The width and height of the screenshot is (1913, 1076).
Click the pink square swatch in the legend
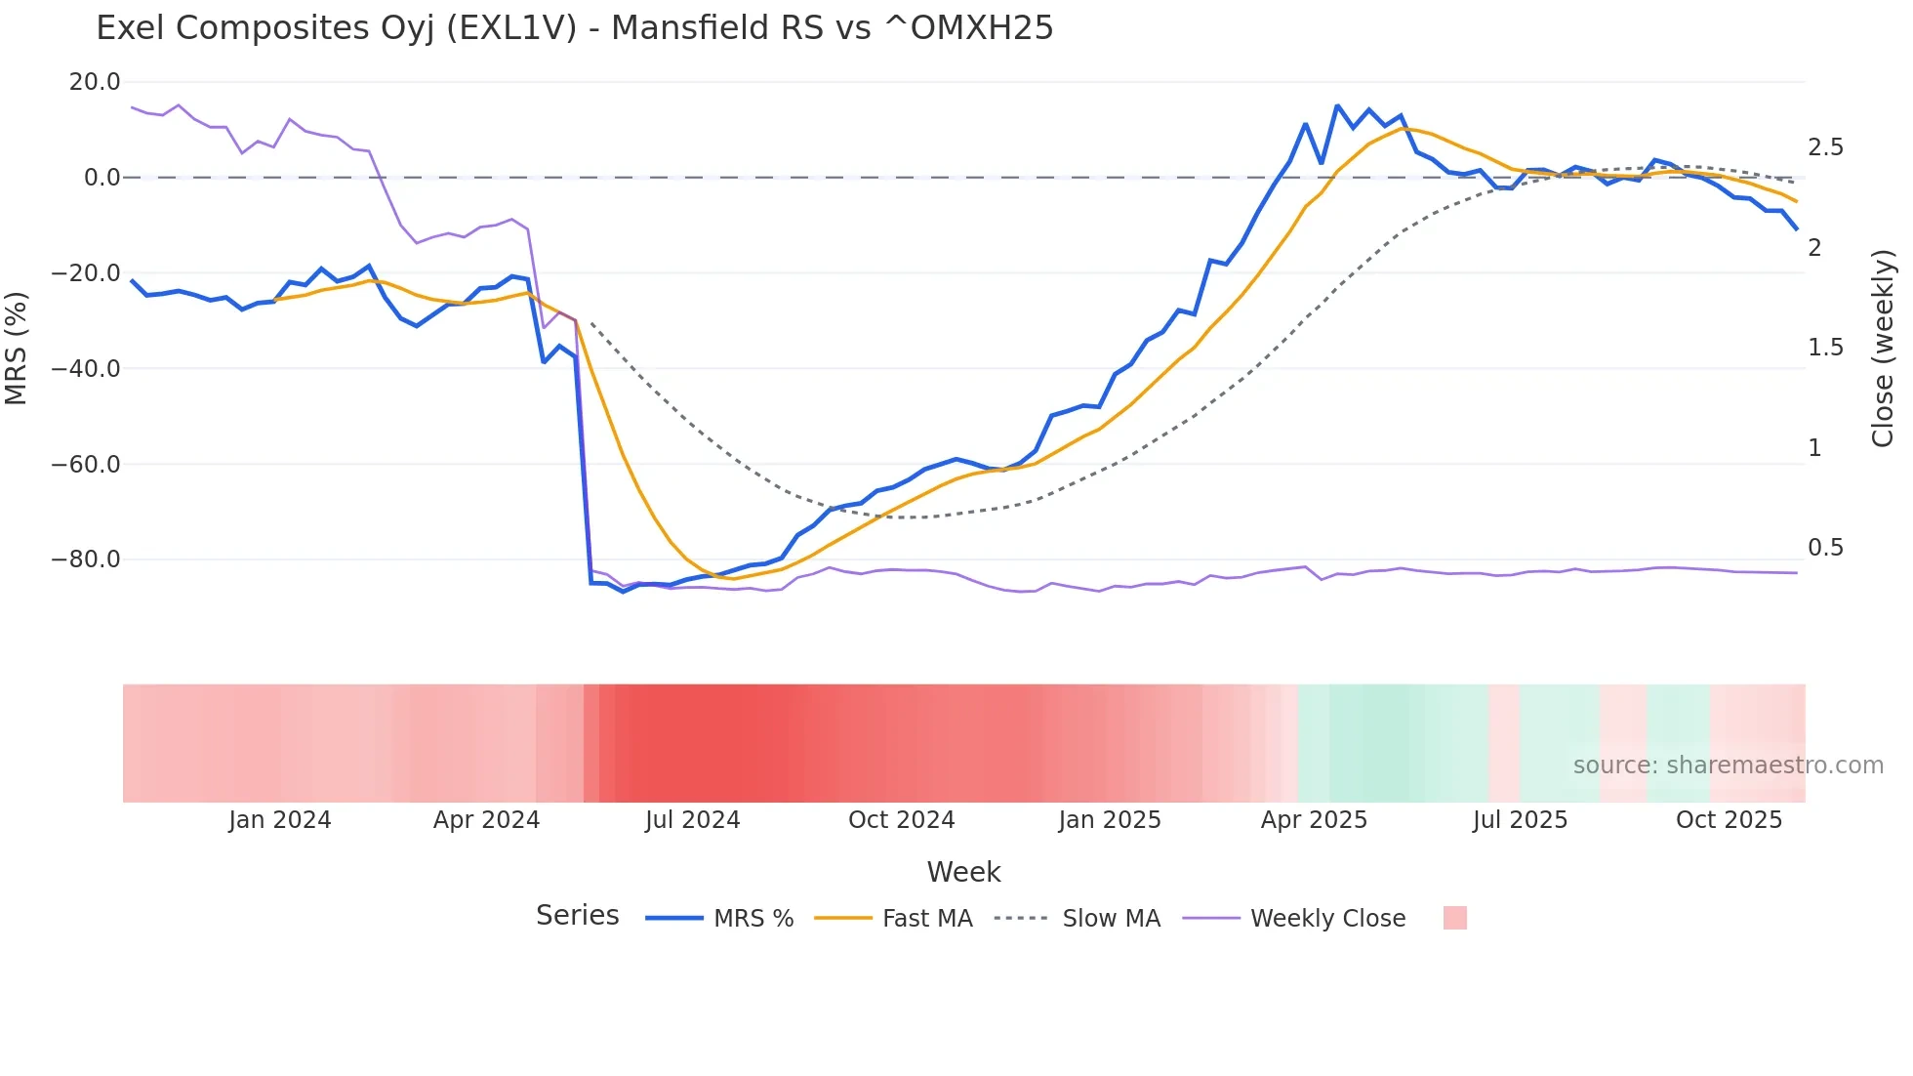tap(1454, 918)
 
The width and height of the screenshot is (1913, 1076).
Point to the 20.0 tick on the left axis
tap(95, 82)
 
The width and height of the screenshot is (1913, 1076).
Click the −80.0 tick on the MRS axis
tap(86, 559)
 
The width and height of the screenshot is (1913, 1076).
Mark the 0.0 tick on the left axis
tap(102, 178)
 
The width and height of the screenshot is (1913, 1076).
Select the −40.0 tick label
tap(86, 369)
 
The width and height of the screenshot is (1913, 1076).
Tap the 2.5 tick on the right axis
tap(1825, 147)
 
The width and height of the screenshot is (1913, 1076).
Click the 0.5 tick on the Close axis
tap(1825, 548)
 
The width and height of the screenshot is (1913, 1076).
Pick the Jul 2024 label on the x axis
tap(692, 820)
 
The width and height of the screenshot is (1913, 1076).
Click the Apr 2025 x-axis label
tap(1314, 820)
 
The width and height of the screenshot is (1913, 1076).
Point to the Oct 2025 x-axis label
tap(1729, 820)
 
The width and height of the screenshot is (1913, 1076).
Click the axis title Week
tap(963, 872)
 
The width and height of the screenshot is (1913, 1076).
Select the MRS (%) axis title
tap(17, 348)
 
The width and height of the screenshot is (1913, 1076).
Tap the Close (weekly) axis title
tap(1883, 348)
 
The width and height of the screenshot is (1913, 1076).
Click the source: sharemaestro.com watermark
tap(1728, 766)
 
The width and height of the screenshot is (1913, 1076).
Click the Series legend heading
tap(577, 916)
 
